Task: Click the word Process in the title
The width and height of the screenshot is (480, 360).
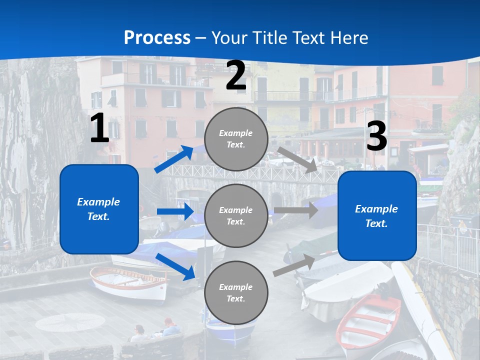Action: tap(157, 38)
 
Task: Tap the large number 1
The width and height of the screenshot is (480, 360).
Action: tap(99, 128)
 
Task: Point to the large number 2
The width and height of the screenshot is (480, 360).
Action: tap(236, 76)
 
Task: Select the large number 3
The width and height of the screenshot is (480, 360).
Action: tap(376, 136)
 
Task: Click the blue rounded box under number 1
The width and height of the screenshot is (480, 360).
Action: tap(99, 209)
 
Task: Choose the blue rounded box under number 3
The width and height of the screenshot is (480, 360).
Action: tap(377, 216)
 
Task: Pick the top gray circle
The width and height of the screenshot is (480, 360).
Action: tap(236, 139)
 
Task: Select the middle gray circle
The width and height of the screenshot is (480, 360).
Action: tap(236, 216)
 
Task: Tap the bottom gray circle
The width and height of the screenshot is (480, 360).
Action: tap(236, 293)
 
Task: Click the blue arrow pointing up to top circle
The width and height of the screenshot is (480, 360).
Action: tap(174, 159)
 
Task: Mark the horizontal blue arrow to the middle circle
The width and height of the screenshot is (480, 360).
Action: tap(175, 211)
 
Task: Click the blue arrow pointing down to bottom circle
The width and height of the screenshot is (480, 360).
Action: tap(175, 266)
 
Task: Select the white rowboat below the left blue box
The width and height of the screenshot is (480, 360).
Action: tap(128, 283)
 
